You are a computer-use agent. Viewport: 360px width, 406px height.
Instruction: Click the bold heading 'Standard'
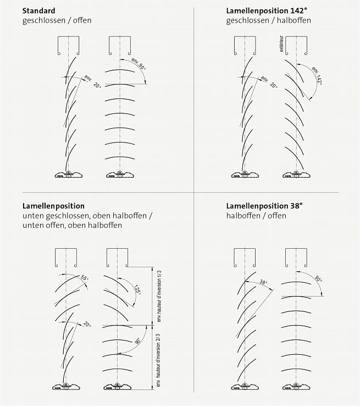(x=39, y=11)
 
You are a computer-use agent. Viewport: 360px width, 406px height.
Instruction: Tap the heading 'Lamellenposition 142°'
(x=267, y=11)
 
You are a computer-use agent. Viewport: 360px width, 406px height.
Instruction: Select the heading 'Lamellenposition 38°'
(x=264, y=206)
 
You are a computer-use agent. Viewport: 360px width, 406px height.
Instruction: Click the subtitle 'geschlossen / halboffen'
(x=268, y=20)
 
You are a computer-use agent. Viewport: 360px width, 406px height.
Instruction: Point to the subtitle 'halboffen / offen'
(x=256, y=216)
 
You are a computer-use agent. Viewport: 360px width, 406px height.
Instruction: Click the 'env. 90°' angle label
(x=139, y=64)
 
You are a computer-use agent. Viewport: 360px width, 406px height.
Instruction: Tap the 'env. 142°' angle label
(x=317, y=76)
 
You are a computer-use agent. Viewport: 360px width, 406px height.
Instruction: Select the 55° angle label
(x=85, y=278)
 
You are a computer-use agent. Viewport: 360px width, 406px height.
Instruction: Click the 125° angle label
(x=137, y=290)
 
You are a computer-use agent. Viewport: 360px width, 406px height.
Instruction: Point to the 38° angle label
(x=263, y=282)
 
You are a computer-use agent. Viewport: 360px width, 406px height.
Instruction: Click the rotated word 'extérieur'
(x=281, y=44)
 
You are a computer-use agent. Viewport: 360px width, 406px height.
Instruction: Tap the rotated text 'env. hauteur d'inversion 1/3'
(x=159, y=296)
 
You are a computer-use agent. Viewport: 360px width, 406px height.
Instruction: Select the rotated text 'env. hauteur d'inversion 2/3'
(x=158, y=361)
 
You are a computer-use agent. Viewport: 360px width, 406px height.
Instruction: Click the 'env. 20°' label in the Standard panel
(x=93, y=81)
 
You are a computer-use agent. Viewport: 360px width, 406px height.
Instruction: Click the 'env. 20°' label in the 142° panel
(x=269, y=82)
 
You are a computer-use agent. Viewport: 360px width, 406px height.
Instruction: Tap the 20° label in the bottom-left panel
(x=87, y=324)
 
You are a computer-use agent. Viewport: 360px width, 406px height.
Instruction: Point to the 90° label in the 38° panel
(x=318, y=279)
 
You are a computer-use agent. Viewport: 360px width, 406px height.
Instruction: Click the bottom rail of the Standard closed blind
(x=69, y=174)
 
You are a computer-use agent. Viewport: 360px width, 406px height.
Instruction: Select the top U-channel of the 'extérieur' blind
(x=296, y=46)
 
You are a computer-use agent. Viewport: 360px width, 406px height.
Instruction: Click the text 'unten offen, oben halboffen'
(x=72, y=225)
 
